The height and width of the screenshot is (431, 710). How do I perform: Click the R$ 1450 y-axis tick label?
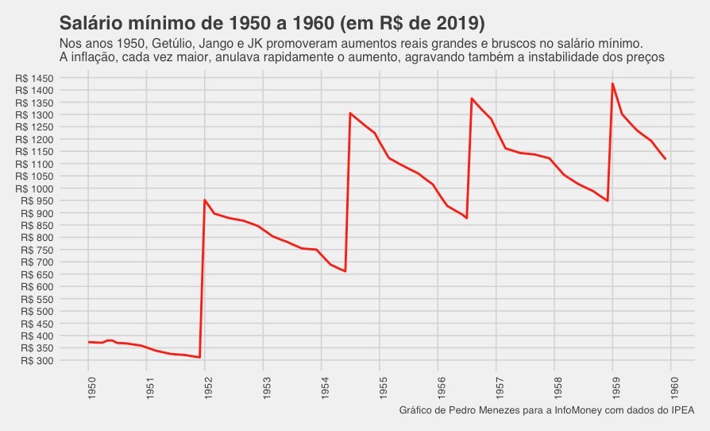coord(34,78)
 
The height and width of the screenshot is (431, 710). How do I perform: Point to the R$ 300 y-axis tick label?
coord(37,360)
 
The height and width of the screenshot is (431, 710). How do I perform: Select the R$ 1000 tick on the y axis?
coord(34,188)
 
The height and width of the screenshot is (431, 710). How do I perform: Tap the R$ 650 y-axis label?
coord(37,274)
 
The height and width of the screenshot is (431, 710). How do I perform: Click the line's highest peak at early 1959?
coord(612,83)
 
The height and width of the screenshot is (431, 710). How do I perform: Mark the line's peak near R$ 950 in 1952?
coord(205,200)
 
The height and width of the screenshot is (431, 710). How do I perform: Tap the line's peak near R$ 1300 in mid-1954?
coord(350,113)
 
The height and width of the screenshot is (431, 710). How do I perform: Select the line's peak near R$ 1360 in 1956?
coord(472,99)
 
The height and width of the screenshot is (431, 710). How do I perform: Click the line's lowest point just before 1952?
coord(199,358)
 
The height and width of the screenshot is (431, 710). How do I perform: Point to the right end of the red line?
coord(665,159)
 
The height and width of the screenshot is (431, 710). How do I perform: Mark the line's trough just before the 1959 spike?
coord(608,200)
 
